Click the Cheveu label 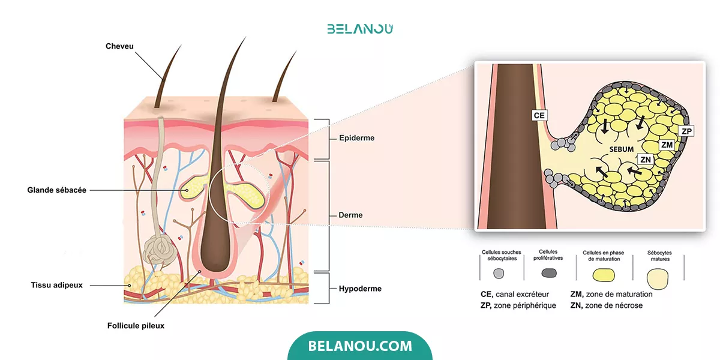(x=119, y=46)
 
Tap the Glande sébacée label (x=56, y=190)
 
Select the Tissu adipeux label (x=56, y=285)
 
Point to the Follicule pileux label (x=136, y=326)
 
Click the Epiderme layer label (x=357, y=138)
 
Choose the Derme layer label (x=350, y=215)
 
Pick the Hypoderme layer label (x=360, y=289)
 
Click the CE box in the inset (x=539, y=115)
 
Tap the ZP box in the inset (x=686, y=131)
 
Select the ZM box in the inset (x=667, y=145)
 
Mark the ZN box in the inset (x=646, y=160)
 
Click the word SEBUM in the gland (x=622, y=149)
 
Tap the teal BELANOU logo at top (x=360, y=29)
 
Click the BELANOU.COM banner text (x=360, y=346)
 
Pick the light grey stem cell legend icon (x=499, y=274)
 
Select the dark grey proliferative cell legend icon (x=549, y=273)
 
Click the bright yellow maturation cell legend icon (x=604, y=275)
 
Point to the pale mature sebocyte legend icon (x=658, y=279)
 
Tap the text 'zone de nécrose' (x=614, y=305)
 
